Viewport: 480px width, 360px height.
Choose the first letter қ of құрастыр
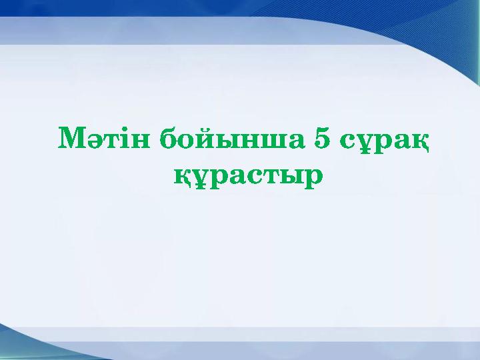183,177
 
